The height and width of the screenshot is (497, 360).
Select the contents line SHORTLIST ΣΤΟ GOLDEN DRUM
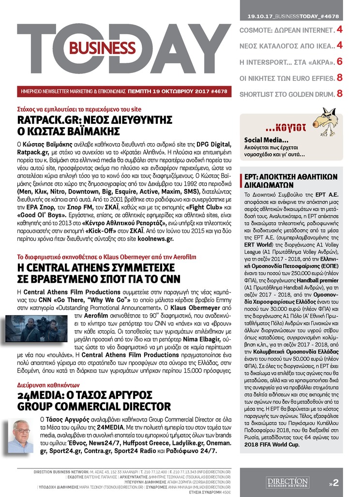click(286, 93)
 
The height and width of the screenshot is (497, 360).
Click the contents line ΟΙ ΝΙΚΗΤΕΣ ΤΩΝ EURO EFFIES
click(286, 77)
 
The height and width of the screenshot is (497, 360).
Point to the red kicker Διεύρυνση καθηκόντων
click(43, 385)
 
